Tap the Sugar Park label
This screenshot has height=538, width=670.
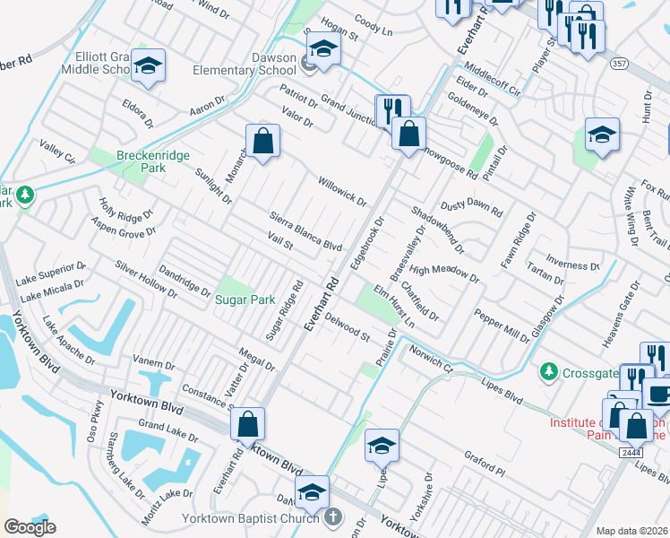(244, 299)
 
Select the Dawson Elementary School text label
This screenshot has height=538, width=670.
(261, 64)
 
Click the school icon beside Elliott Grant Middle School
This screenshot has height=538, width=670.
(149, 65)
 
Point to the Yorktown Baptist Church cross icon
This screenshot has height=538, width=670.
(332, 517)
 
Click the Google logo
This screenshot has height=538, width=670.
(30, 527)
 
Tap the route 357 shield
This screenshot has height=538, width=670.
(618, 64)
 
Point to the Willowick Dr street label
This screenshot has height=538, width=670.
(342, 190)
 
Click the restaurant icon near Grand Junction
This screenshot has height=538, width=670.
(391, 110)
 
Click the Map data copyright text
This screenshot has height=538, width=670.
(631, 531)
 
